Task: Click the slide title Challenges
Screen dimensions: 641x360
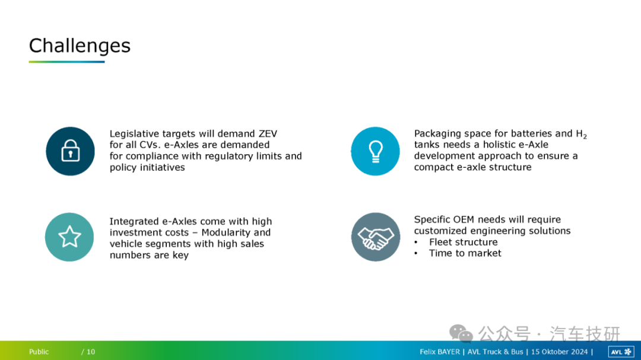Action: tap(80, 46)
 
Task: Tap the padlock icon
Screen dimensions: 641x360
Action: tap(70, 151)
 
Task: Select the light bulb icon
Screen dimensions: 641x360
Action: tap(375, 151)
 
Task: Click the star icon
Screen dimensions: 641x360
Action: tap(69, 237)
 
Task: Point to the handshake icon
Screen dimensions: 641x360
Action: tap(376, 237)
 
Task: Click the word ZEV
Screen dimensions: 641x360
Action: tap(268, 133)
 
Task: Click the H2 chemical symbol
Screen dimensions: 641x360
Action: tap(581, 134)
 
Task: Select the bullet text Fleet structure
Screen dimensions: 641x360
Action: tap(463, 242)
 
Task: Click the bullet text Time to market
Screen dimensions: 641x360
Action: tap(465, 253)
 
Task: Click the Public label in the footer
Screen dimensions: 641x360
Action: tap(39, 352)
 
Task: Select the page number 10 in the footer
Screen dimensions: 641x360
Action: tap(91, 352)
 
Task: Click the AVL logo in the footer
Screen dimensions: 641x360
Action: tap(621, 352)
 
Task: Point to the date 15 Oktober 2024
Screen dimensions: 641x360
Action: tap(559, 352)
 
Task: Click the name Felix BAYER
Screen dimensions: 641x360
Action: tap(439, 352)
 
